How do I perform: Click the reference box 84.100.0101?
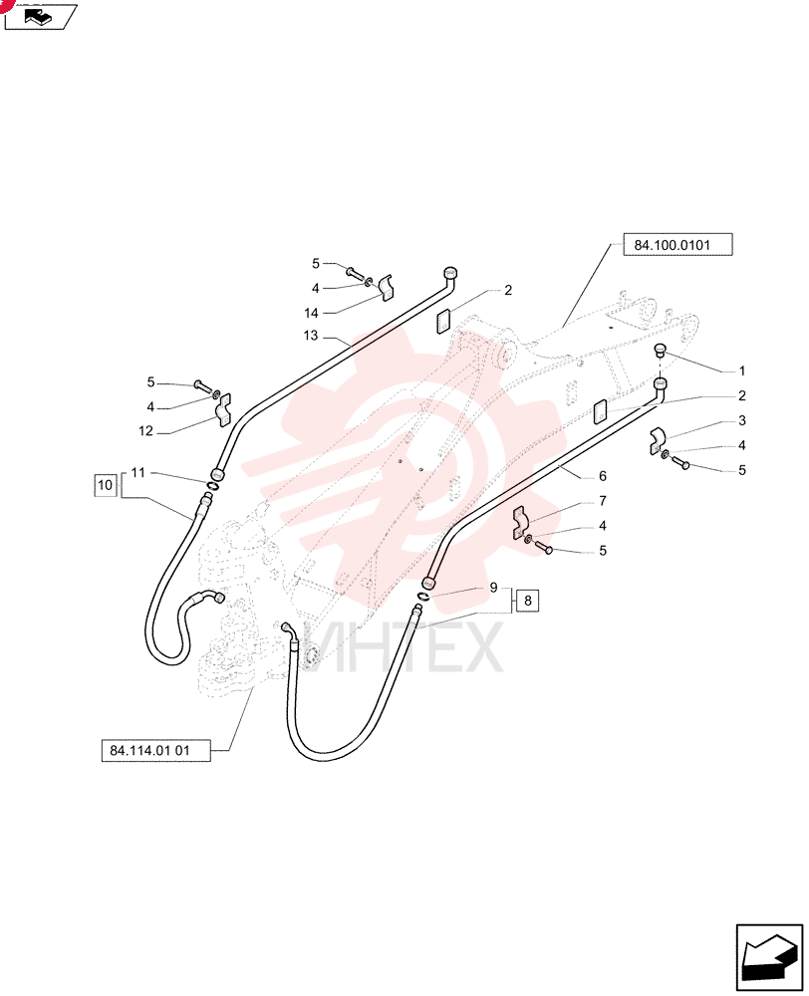pyautogui.click(x=677, y=245)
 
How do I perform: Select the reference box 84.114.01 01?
pyautogui.click(x=155, y=750)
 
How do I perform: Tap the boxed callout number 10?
pyautogui.click(x=105, y=485)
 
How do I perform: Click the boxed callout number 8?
pyautogui.click(x=527, y=601)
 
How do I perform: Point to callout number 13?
pyautogui.click(x=310, y=336)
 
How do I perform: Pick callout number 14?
pyautogui.click(x=311, y=313)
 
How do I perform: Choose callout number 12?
pyautogui.click(x=146, y=431)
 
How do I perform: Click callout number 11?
pyautogui.click(x=137, y=472)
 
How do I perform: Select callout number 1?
pyautogui.click(x=741, y=371)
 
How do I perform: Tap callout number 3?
pyautogui.click(x=741, y=420)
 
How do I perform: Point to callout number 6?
pyautogui.click(x=603, y=476)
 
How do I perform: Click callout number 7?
pyautogui.click(x=603, y=501)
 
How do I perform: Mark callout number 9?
pyautogui.click(x=494, y=588)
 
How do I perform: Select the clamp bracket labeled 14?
pyautogui.click(x=387, y=287)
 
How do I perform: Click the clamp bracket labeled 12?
pyautogui.click(x=223, y=410)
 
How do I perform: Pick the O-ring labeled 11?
pyautogui.click(x=213, y=487)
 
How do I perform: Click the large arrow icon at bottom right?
pyautogui.click(x=769, y=957)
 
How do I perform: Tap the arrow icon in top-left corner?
pyautogui.click(x=41, y=17)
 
